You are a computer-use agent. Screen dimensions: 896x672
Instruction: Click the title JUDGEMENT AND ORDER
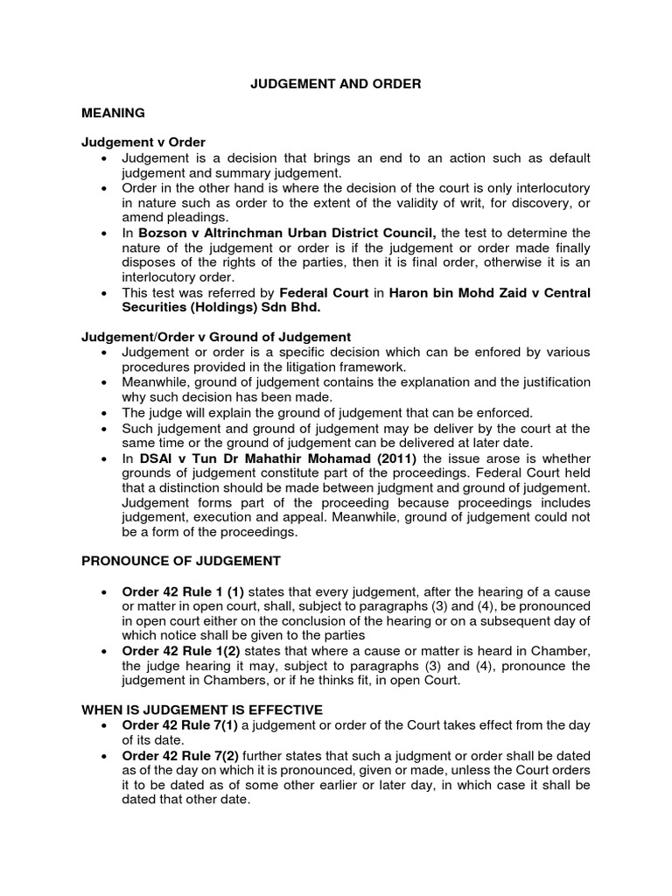337,84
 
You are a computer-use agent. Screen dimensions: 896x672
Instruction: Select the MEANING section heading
113,114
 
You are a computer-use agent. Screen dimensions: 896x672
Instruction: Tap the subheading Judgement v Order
144,143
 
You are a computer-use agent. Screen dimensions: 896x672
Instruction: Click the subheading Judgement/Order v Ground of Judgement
216,336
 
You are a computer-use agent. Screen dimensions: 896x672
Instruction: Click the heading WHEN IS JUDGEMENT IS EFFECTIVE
202,710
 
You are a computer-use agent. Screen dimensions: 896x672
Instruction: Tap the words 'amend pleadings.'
174,217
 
